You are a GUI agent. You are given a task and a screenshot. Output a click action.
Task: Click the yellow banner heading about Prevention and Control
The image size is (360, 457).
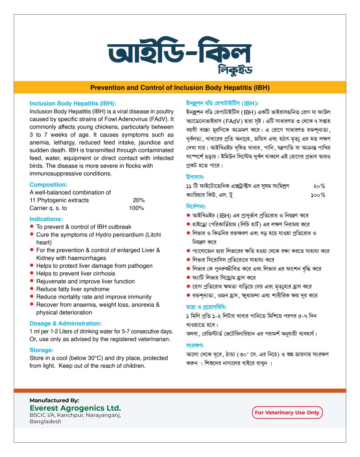[180, 87]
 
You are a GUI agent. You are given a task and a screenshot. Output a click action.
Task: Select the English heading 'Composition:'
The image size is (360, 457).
[49, 184]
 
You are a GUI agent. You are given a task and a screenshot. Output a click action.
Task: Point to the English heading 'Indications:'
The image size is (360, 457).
[46, 219]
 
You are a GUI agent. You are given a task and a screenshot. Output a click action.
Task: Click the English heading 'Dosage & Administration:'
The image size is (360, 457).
[66, 323]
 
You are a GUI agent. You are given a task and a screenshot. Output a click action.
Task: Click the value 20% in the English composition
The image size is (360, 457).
[138, 200]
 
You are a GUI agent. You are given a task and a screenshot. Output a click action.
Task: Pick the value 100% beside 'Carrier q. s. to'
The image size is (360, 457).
[136, 208]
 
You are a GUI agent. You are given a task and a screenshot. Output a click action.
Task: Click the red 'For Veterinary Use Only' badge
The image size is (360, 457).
[287, 412]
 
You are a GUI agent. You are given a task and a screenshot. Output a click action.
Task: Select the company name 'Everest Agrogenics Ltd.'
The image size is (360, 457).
[75, 408]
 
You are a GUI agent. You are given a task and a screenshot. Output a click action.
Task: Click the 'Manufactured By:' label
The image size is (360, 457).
[54, 400]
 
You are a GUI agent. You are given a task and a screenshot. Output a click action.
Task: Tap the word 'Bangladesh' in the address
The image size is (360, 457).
[46, 421]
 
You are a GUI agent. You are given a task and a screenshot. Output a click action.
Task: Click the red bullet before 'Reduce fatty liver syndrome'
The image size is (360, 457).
[32, 289]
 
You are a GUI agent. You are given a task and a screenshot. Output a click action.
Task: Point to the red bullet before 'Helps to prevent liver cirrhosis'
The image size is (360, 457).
[32, 273]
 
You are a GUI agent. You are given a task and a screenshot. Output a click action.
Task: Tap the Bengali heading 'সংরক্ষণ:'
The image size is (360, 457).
[195, 345]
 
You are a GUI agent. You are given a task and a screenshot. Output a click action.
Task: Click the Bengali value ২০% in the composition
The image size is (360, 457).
[319, 186]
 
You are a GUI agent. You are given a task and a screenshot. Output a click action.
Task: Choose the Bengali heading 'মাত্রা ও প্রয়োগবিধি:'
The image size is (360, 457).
[208, 307]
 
